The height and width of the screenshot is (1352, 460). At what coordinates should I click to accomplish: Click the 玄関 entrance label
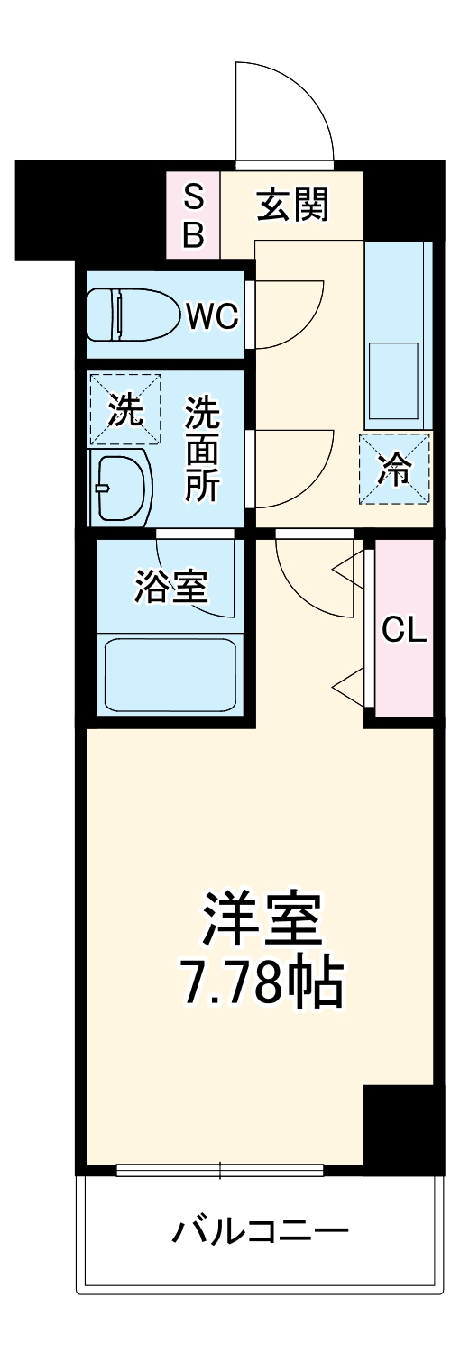[x=292, y=206]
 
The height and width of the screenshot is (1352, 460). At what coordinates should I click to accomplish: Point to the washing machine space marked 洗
[x=124, y=410]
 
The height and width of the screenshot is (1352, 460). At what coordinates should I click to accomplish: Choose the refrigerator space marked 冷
[x=394, y=469]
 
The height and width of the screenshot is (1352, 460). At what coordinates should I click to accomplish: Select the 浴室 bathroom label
[x=171, y=588]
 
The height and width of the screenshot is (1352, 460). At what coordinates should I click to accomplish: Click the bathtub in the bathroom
[x=170, y=674]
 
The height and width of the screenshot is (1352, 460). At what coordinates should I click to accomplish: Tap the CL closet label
[x=403, y=630]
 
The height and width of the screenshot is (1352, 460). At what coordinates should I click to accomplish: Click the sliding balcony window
[x=219, y=1170]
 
